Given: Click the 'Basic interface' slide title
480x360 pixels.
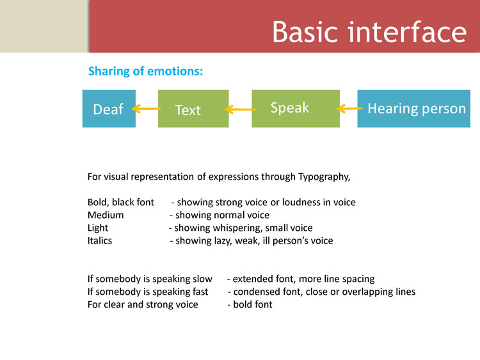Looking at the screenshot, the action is coord(369,32).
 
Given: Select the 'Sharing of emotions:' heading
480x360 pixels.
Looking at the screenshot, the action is coord(145,71).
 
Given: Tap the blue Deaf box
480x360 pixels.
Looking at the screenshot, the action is coord(109,109).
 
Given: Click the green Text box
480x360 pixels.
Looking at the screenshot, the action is coord(193,109).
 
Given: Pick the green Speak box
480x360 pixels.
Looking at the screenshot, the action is coord(296,109).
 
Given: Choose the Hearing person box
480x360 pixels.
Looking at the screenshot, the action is coord(414,109).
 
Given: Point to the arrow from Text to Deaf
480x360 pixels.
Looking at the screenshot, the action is coord(147,109).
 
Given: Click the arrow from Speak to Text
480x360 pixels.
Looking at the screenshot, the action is coord(241,109).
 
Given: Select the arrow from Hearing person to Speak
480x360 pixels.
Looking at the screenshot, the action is coord(349,109).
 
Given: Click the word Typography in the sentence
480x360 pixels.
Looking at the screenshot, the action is coord(324,177).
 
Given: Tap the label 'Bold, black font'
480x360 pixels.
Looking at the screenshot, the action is coord(120,203).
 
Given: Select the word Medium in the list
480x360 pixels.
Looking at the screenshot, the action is coord(106,215).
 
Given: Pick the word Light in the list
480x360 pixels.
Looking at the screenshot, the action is coord(98,228).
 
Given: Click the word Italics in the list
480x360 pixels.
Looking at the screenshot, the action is coord(100,240).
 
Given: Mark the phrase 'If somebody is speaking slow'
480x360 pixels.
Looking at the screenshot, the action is coord(150,279).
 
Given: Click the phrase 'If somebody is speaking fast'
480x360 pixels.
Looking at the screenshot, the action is coord(148,292).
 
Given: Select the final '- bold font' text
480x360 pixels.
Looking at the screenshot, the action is coord(250,304).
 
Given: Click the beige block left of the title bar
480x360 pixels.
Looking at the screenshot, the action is coord(44,26).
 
